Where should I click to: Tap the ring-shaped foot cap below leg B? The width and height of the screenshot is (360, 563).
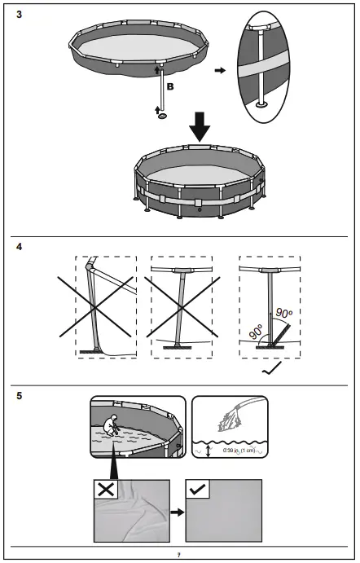163,117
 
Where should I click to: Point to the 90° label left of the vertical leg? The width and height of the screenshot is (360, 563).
257,332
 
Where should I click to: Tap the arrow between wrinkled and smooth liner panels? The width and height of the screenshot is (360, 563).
176,514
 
